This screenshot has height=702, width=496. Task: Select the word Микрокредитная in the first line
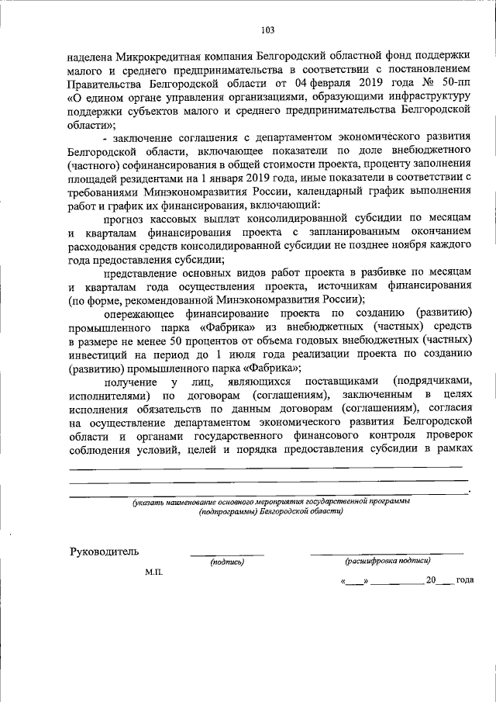tap(157, 57)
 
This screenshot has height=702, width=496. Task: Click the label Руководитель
tap(105, 552)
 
